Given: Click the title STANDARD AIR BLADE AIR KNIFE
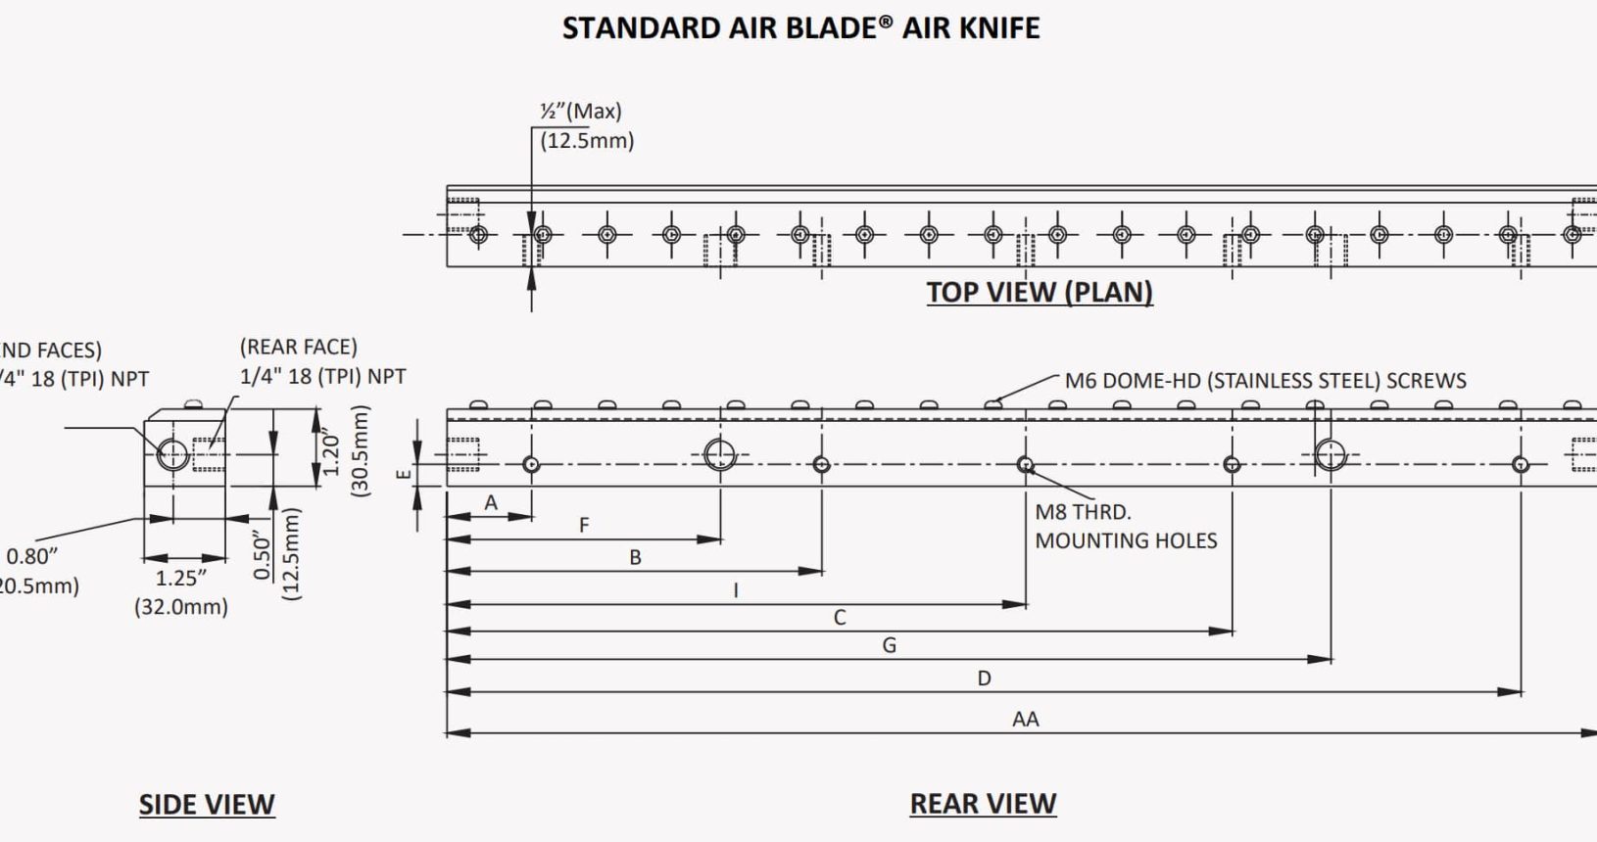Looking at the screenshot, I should coord(800,27).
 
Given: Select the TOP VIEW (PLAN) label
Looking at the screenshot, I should coord(1040,292).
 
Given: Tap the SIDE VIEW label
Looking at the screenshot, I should coord(207,804).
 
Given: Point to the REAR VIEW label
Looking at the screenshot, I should coord(983,803).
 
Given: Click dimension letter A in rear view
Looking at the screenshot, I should coord(491,502).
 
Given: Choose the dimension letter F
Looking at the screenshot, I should coord(584,526).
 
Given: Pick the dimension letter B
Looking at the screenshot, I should coord(635,557).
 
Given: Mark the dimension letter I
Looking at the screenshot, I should coord(736,590).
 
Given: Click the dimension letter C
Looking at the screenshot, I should coord(840,618).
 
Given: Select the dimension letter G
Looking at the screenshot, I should coord(889,645).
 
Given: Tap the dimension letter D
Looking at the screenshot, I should coord(984,678).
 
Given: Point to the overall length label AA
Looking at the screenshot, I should coord(1025,720).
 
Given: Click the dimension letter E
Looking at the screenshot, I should coord(403,474).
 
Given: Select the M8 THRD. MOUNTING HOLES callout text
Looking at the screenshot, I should coord(1125,526).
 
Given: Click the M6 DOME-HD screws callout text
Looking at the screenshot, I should coord(1265,380).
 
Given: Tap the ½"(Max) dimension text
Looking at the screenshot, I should coord(581,111).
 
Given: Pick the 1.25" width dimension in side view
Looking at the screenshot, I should coord(181,578).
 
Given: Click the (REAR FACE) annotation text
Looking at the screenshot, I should coord(298,347).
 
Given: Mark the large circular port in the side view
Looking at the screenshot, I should coord(172,454).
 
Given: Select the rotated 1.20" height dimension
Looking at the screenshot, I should coord(331,453).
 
